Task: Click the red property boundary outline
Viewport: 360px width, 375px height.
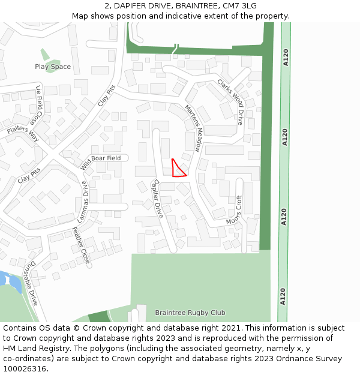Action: point(178,169)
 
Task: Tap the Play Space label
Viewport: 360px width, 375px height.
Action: point(53,67)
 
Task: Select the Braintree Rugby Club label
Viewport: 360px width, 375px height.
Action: point(190,313)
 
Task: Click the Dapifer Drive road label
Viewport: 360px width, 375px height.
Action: point(158,199)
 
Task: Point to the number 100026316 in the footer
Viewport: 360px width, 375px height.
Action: point(25,368)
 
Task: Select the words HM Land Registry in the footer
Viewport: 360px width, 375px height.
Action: point(33,348)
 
